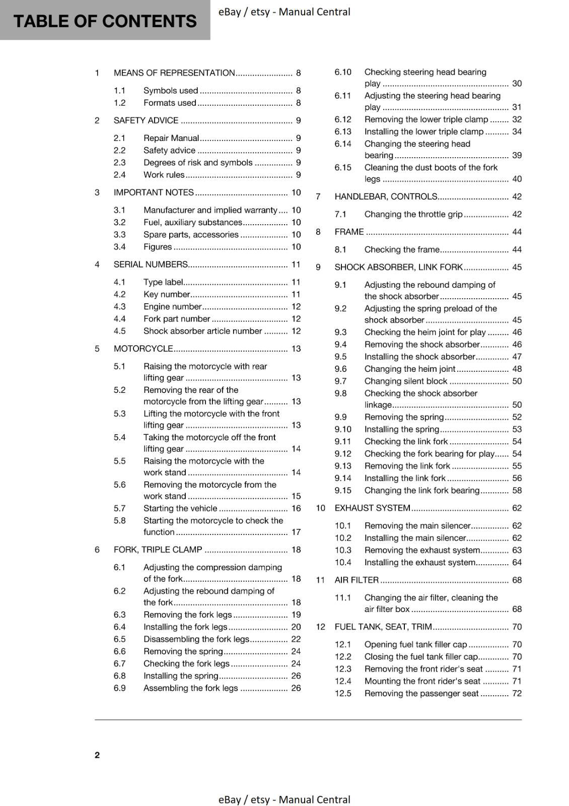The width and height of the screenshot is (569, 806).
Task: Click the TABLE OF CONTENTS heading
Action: (105, 21)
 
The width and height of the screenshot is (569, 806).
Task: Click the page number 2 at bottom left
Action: (97, 755)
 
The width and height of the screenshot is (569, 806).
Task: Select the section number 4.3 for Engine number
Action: (119, 307)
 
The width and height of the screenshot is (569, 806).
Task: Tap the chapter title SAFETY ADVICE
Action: (146, 120)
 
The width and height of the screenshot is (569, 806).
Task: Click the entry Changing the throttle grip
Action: (413, 215)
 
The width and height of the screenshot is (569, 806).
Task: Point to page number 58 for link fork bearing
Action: (517, 491)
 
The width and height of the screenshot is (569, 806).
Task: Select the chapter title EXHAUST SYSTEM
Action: (372, 508)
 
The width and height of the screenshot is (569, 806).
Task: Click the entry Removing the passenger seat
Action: (421, 694)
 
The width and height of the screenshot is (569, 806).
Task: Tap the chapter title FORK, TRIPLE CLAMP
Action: (158, 550)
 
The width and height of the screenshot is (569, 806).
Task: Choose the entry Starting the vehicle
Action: (180, 509)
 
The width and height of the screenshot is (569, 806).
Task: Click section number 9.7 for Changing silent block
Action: (340, 381)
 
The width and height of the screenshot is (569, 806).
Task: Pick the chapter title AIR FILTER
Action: (357, 580)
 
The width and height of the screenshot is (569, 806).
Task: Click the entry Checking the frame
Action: (402, 250)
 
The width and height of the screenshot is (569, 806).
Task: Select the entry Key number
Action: (167, 295)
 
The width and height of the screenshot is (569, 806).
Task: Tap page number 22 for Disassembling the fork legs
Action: (296, 639)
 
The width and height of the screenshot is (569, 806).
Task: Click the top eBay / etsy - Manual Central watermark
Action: (284, 12)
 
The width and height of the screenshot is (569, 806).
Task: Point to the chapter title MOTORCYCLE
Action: (143, 349)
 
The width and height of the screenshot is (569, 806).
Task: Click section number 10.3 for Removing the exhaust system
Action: (343, 551)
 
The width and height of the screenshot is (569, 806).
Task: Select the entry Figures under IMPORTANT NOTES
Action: (158, 247)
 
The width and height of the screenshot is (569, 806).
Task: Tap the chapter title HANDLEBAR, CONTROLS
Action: (386, 197)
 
